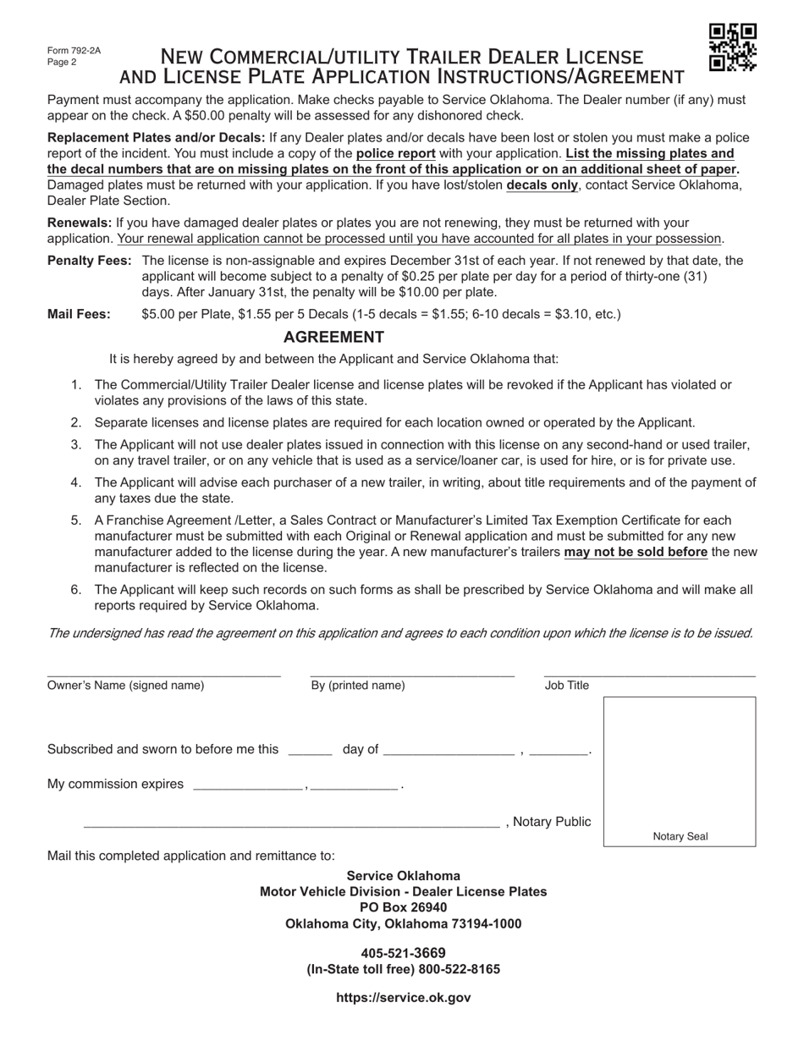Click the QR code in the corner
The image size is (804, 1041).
point(732,47)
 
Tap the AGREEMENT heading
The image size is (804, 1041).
point(333,337)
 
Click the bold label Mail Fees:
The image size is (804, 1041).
point(79,315)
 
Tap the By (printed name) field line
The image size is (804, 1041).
point(412,675)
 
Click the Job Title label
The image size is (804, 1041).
point(566,686)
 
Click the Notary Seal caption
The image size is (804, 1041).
point(680,837)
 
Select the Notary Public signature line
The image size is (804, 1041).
point(291,824)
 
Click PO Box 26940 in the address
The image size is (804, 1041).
point(403,907)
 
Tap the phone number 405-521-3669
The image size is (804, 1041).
point(403,953)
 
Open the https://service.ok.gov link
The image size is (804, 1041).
point(403,998)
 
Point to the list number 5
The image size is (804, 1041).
point(76,520)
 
